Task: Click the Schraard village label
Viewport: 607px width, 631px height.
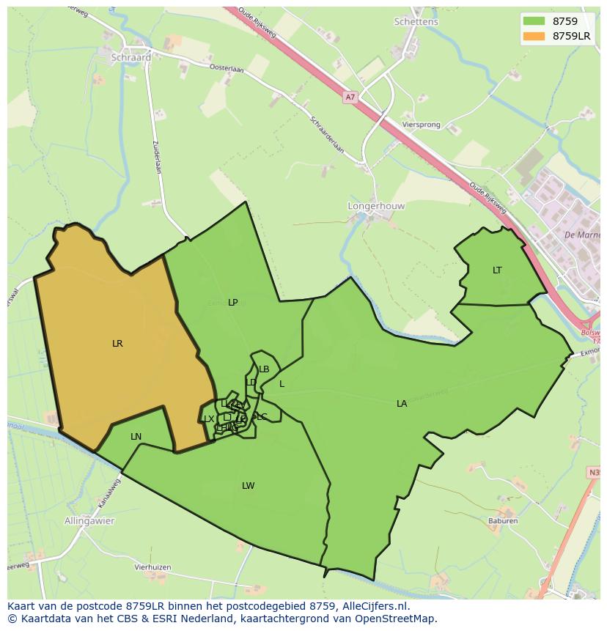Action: (131, 57)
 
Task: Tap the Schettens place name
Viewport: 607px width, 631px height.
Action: (416, 22)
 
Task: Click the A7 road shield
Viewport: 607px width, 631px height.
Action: (350, 97)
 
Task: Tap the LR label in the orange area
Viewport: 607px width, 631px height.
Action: (117, 343)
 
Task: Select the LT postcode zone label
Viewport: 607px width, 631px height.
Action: (497, 270)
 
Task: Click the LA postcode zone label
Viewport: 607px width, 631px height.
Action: (402, 403)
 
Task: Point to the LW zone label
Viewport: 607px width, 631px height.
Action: (249, 485)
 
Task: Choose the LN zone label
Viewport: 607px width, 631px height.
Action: (136, 437)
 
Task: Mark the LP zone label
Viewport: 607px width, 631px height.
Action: (232, 302)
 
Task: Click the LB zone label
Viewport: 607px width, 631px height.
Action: (264, 369)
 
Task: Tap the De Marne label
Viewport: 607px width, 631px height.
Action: (582, 235)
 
